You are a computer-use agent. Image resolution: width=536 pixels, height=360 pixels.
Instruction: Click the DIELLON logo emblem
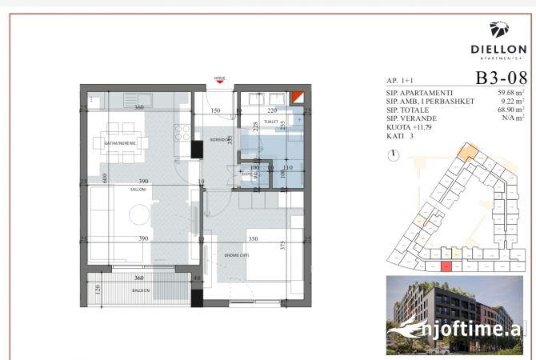click(x=500, y=30)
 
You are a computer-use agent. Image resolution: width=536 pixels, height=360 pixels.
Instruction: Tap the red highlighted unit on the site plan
click(x=446, y=266)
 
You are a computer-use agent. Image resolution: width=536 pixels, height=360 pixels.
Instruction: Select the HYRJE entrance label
click(x=219, y=78)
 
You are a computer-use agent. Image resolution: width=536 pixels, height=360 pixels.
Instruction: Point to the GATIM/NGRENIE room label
click(x=120, y=142)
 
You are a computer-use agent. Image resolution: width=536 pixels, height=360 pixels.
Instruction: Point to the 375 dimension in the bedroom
click(x=284, y=246)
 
